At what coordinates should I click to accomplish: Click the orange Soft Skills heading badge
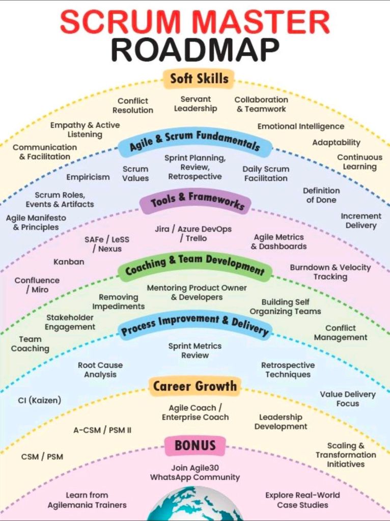pyautogui.click(x=199, y=79)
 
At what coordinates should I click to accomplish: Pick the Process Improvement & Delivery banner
pyautogui.click(x=194, y=325)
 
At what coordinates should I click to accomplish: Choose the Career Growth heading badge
pyautogui.click(x=195, y=387)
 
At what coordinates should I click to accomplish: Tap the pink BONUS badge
pyautogui.click(x=195, y=446)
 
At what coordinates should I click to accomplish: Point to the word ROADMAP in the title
pyautogui.click(x=195, y=49)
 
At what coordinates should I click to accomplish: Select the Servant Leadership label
pyautogui.click(x=196, y=104)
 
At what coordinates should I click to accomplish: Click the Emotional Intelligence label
pyautogui.click(x=300, y=126)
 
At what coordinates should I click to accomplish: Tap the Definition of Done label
pyautogui.click(x=321, y=195)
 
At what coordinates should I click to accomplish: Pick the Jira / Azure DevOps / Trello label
pyautogui.click(x=193, y=234)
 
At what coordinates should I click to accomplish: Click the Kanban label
pyautogui.click(x=69, y=262)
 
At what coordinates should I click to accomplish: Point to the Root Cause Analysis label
pyautogui.click(x=100, y=370)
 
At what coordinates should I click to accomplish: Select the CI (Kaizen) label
pyautogui.click(x=39, y=400)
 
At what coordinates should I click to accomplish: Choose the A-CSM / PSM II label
pyautogui.click(x=102, y=430)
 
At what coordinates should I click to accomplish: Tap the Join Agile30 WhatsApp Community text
pyautogui.click(x=195, y=473)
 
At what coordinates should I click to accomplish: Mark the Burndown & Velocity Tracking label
pyautogui.click(x=330, y=272)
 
